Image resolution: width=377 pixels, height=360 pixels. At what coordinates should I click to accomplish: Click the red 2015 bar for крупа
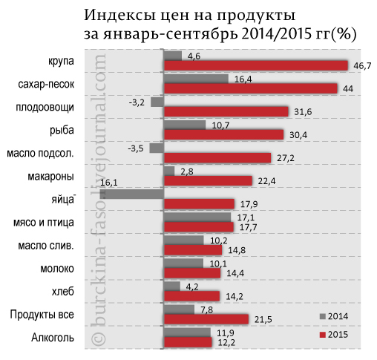tap(255, 65)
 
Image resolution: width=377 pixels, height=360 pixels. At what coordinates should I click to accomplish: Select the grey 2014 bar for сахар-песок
tap(195, 78)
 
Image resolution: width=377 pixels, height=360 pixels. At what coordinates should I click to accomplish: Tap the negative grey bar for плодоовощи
tap(157, 101)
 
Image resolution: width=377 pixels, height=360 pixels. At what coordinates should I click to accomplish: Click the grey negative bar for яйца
tap(131, 194)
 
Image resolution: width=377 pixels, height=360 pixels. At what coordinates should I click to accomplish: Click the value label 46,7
tap(361, 66)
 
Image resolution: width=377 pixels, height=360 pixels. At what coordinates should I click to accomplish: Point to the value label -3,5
tap(135, 148)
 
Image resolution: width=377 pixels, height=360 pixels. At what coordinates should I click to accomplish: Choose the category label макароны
tap(51, 177)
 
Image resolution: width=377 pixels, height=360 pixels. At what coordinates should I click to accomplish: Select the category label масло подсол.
tap(39, 154)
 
